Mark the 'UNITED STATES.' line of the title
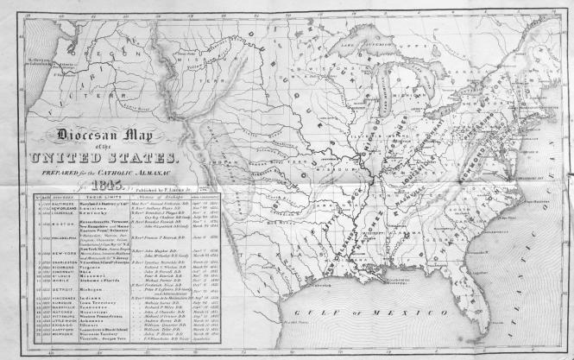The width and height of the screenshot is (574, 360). (x=102, y=158)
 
